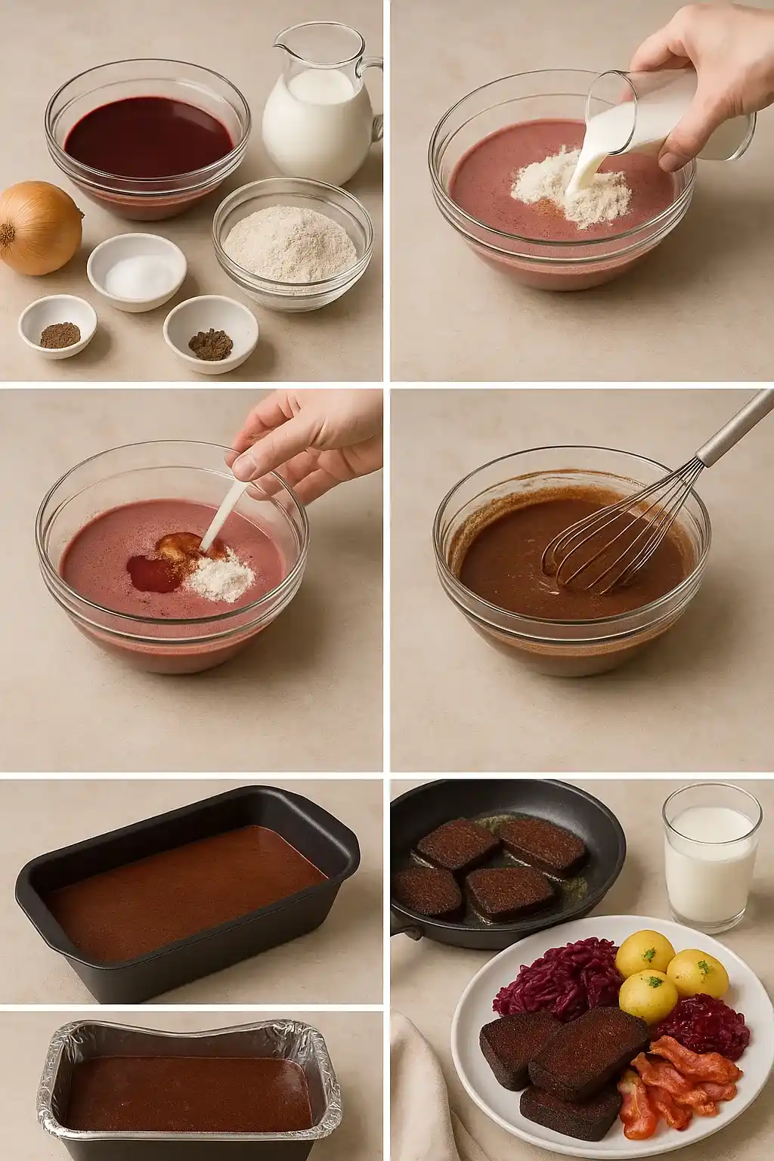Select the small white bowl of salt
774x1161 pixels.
pyautogui.click(x=136, y=271)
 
